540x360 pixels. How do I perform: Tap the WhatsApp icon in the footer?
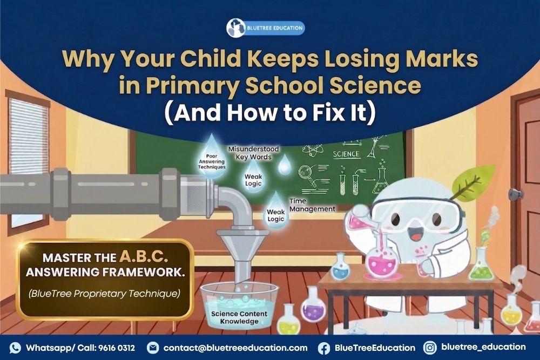[15, 348]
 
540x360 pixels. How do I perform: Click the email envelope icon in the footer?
[152, 348]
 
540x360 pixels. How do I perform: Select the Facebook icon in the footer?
[324, 348]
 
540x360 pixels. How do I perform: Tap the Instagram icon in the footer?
[430, 347]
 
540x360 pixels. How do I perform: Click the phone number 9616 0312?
[116, 348]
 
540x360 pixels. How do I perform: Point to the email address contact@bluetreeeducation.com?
[235, 348]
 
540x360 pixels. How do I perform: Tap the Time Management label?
[312, 204]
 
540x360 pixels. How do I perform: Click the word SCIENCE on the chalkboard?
[346, 154]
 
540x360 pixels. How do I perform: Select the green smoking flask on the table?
[482, 268]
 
